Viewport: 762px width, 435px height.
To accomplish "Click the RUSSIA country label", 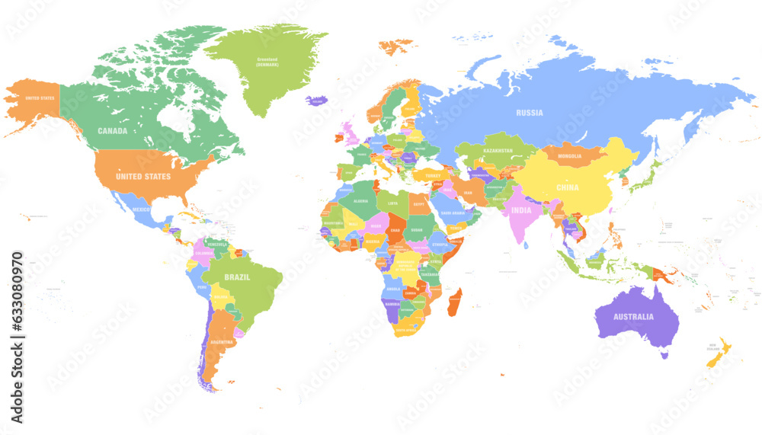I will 529,113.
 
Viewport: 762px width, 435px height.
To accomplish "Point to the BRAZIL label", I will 237,277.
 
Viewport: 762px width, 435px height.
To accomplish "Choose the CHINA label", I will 567,187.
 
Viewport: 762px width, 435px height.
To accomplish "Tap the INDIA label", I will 521,210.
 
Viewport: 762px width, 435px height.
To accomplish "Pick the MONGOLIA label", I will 569,156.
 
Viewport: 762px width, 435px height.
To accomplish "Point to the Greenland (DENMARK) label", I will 267,62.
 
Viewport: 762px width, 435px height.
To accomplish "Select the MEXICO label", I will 142,209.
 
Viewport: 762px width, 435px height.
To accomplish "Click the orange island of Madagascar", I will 454,302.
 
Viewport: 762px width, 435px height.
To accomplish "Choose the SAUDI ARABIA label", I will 453,213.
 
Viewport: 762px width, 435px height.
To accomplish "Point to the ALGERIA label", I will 360,201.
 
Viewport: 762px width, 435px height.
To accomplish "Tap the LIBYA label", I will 393,203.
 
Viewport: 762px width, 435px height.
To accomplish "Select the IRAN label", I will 468,194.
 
